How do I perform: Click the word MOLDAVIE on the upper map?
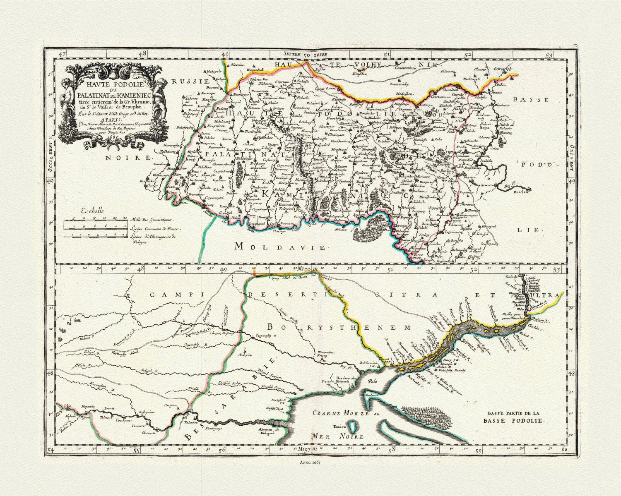(280, 247)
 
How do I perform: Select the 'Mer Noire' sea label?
(338, 436)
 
